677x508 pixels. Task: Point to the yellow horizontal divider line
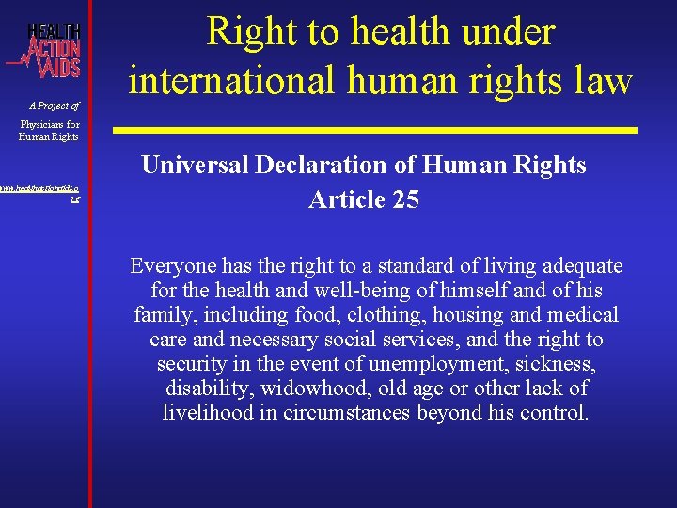coord(375,128)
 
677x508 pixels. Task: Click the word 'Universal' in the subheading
coord(191,166)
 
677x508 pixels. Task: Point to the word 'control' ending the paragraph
coord(557,412)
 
